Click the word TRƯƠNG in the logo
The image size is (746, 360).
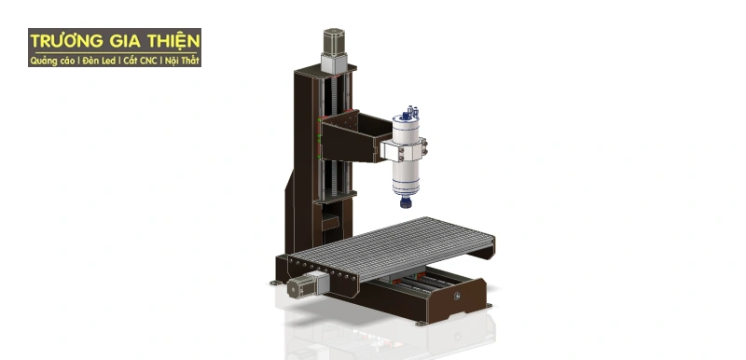tap(65, 42)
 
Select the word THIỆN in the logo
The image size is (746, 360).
tap(173, 42)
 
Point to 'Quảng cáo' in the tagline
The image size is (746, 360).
tap(50, 61)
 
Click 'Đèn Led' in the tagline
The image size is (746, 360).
tap(98, 61)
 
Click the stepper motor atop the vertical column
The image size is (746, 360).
tap(334, 47)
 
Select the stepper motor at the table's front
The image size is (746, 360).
tap(300, 285)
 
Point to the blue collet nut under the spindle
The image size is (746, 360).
tap(406, 200)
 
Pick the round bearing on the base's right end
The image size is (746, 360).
tap(458, 297)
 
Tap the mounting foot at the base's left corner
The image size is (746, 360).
tap(274, 283)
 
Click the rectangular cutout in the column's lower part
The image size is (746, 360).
tap(329, 223)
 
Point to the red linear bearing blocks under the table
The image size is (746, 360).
tap(410, 280)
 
